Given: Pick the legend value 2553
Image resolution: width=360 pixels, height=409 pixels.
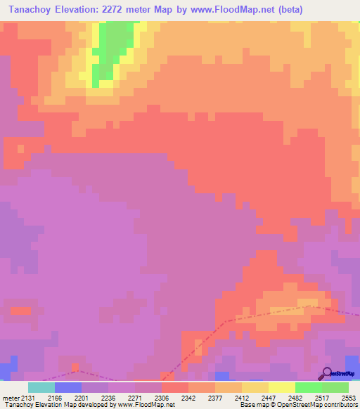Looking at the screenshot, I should (x=349, y=397).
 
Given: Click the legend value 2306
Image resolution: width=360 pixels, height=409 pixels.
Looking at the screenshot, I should (x=162, y=397).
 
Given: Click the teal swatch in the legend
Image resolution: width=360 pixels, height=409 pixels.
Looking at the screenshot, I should (x=41, y=387).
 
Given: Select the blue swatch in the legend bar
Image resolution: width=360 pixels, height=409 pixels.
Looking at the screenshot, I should (x=68, y=387).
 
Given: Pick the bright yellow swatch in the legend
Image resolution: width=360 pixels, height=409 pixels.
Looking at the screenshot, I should (x=282, y=387).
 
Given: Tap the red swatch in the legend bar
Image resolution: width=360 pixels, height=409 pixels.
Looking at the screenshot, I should (x=175, y=387).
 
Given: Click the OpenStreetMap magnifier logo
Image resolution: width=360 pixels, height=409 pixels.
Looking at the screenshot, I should (x=327, y=374).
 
